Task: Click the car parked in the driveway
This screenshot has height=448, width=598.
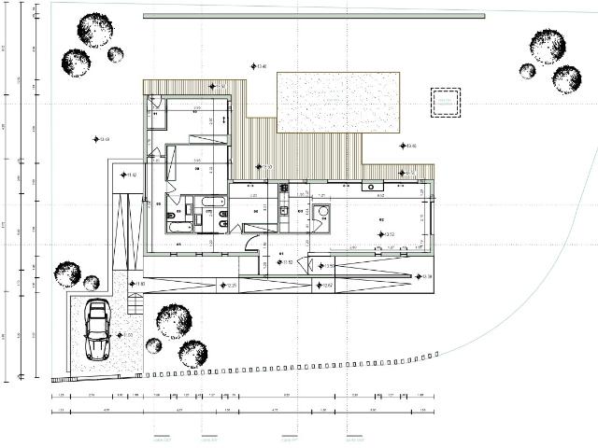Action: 97,329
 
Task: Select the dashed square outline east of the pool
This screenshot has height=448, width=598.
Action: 445,102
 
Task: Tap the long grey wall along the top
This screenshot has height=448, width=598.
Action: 314,16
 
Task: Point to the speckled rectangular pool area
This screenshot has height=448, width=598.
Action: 338,102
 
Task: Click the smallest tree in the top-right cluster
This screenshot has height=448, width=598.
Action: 527,71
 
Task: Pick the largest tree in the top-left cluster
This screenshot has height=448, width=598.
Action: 94,30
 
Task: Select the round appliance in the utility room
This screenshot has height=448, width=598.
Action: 322,212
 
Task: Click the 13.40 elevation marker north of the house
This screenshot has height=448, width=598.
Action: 253,66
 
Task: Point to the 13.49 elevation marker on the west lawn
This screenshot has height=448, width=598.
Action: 96,140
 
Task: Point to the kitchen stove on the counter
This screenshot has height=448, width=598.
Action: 284,188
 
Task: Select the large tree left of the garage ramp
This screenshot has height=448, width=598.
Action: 67,273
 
